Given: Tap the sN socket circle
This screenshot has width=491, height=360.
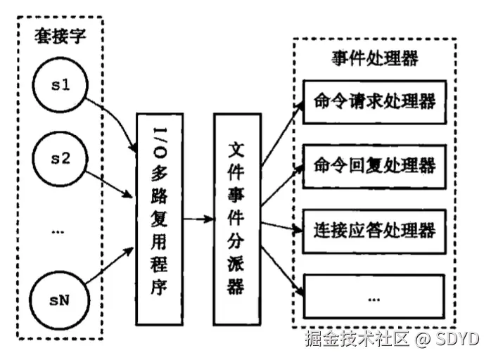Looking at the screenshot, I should (60, 300).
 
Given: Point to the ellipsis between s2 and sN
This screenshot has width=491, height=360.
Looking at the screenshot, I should (58, 231).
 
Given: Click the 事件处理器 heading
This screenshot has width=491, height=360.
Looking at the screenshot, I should (374, 58).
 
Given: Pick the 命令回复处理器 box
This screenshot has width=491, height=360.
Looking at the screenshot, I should (374, 165).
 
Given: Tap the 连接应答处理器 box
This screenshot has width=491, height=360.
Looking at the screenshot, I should (374, 230).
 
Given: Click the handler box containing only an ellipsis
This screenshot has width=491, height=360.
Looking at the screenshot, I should (374, 295).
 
